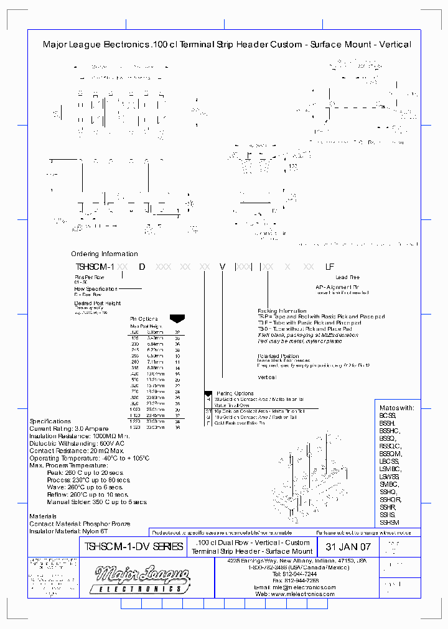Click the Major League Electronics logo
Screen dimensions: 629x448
tap(142, 579)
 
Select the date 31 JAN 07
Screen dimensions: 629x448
tap(348, 547)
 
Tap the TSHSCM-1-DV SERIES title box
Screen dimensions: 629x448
tap(133, 547)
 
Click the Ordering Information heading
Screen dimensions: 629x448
tap(104, 254)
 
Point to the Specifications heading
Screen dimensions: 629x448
tap(50, 421)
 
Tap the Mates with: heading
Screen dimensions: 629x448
tap(396, 408)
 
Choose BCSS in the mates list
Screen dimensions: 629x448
tap(388, 415)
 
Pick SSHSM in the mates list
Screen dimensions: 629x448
tap(390, 523)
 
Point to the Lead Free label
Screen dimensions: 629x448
tap(347, 277)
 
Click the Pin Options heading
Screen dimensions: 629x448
tap(144, 319)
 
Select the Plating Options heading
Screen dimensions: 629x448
tap(235, 393)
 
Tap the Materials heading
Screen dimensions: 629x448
tap(43, 517)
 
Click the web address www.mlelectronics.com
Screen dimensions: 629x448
tap(294, 594)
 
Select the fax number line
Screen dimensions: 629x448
tap(294, 580)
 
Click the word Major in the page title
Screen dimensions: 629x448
tap(55, 45)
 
